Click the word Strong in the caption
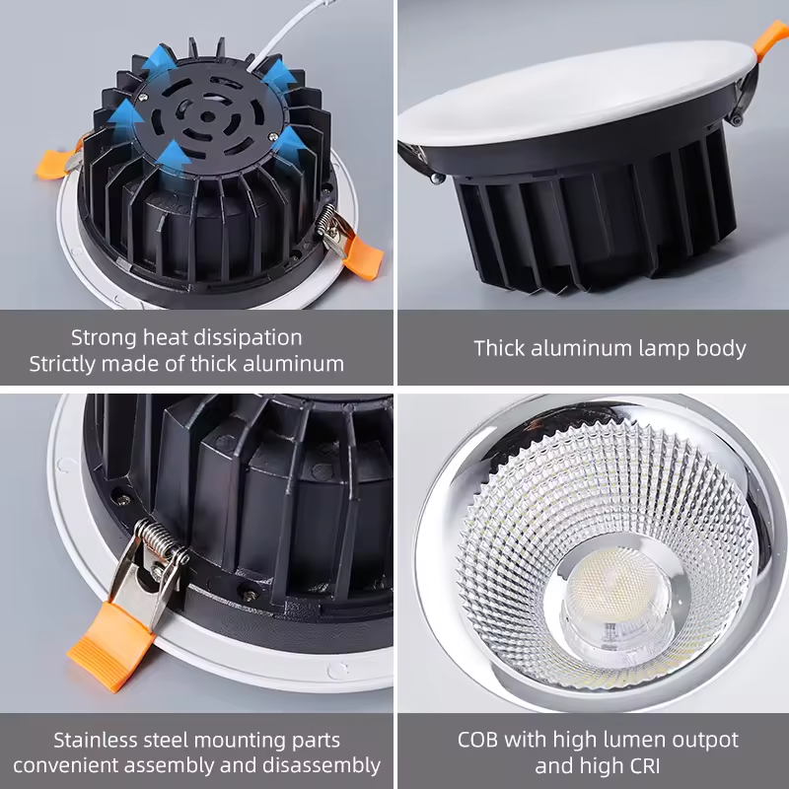click(x=104, y=337)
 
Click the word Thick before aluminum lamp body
click(x=500, y=348)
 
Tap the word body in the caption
click(x=721, y=349)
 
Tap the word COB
click(x=477, y=740)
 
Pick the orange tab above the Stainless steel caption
click(x=110, y=646)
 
